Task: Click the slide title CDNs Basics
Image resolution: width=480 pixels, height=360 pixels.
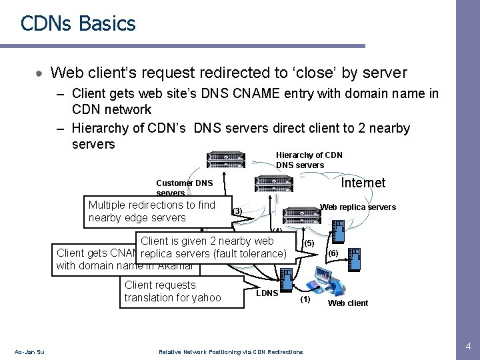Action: point(78,24)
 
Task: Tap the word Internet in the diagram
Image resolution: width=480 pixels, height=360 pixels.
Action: point(363,183)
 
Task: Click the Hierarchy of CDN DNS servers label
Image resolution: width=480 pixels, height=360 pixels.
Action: point(309,160)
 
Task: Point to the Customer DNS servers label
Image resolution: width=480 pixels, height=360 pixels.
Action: point(184,187)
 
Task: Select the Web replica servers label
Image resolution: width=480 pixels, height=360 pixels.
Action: point(358,207)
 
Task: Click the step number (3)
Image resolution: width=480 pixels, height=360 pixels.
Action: point(237,212)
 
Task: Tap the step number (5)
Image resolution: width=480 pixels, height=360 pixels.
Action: point(309,243)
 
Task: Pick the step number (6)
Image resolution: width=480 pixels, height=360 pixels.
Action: point(333,253)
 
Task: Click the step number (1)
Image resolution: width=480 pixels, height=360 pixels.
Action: point(305,299)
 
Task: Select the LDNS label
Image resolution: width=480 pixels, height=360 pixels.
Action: point(267,293)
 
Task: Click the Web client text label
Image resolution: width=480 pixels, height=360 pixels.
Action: point(348,303)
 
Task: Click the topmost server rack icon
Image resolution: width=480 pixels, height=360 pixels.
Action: point(227,159)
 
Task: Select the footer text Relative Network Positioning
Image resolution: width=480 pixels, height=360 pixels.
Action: point(230,352)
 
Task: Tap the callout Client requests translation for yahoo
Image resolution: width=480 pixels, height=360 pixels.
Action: point(172,291)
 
